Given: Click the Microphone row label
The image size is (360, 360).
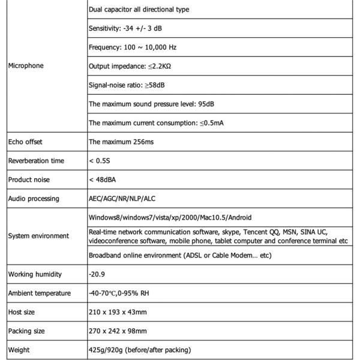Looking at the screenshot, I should coord(26,66).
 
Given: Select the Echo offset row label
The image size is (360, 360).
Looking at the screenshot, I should coord(25,142).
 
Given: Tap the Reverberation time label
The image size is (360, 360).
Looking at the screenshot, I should coord(36,161).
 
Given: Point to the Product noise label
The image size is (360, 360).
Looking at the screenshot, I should coord(29,179).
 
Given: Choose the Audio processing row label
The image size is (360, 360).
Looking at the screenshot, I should coord(34,199).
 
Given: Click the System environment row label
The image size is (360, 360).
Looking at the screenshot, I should coord(38,236).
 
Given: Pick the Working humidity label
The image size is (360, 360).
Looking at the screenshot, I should coord(35,274).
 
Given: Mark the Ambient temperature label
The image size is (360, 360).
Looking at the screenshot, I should coord(40,293).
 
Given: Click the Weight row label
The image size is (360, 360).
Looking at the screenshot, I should coord(19,350).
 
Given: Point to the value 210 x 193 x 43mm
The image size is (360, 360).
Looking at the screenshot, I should coord(118,312).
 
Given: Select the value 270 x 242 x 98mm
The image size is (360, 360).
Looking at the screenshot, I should coord(118,331).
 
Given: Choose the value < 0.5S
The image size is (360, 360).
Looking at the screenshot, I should coord(100,161).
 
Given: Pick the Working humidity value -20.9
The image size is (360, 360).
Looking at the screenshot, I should coord(97,274).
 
